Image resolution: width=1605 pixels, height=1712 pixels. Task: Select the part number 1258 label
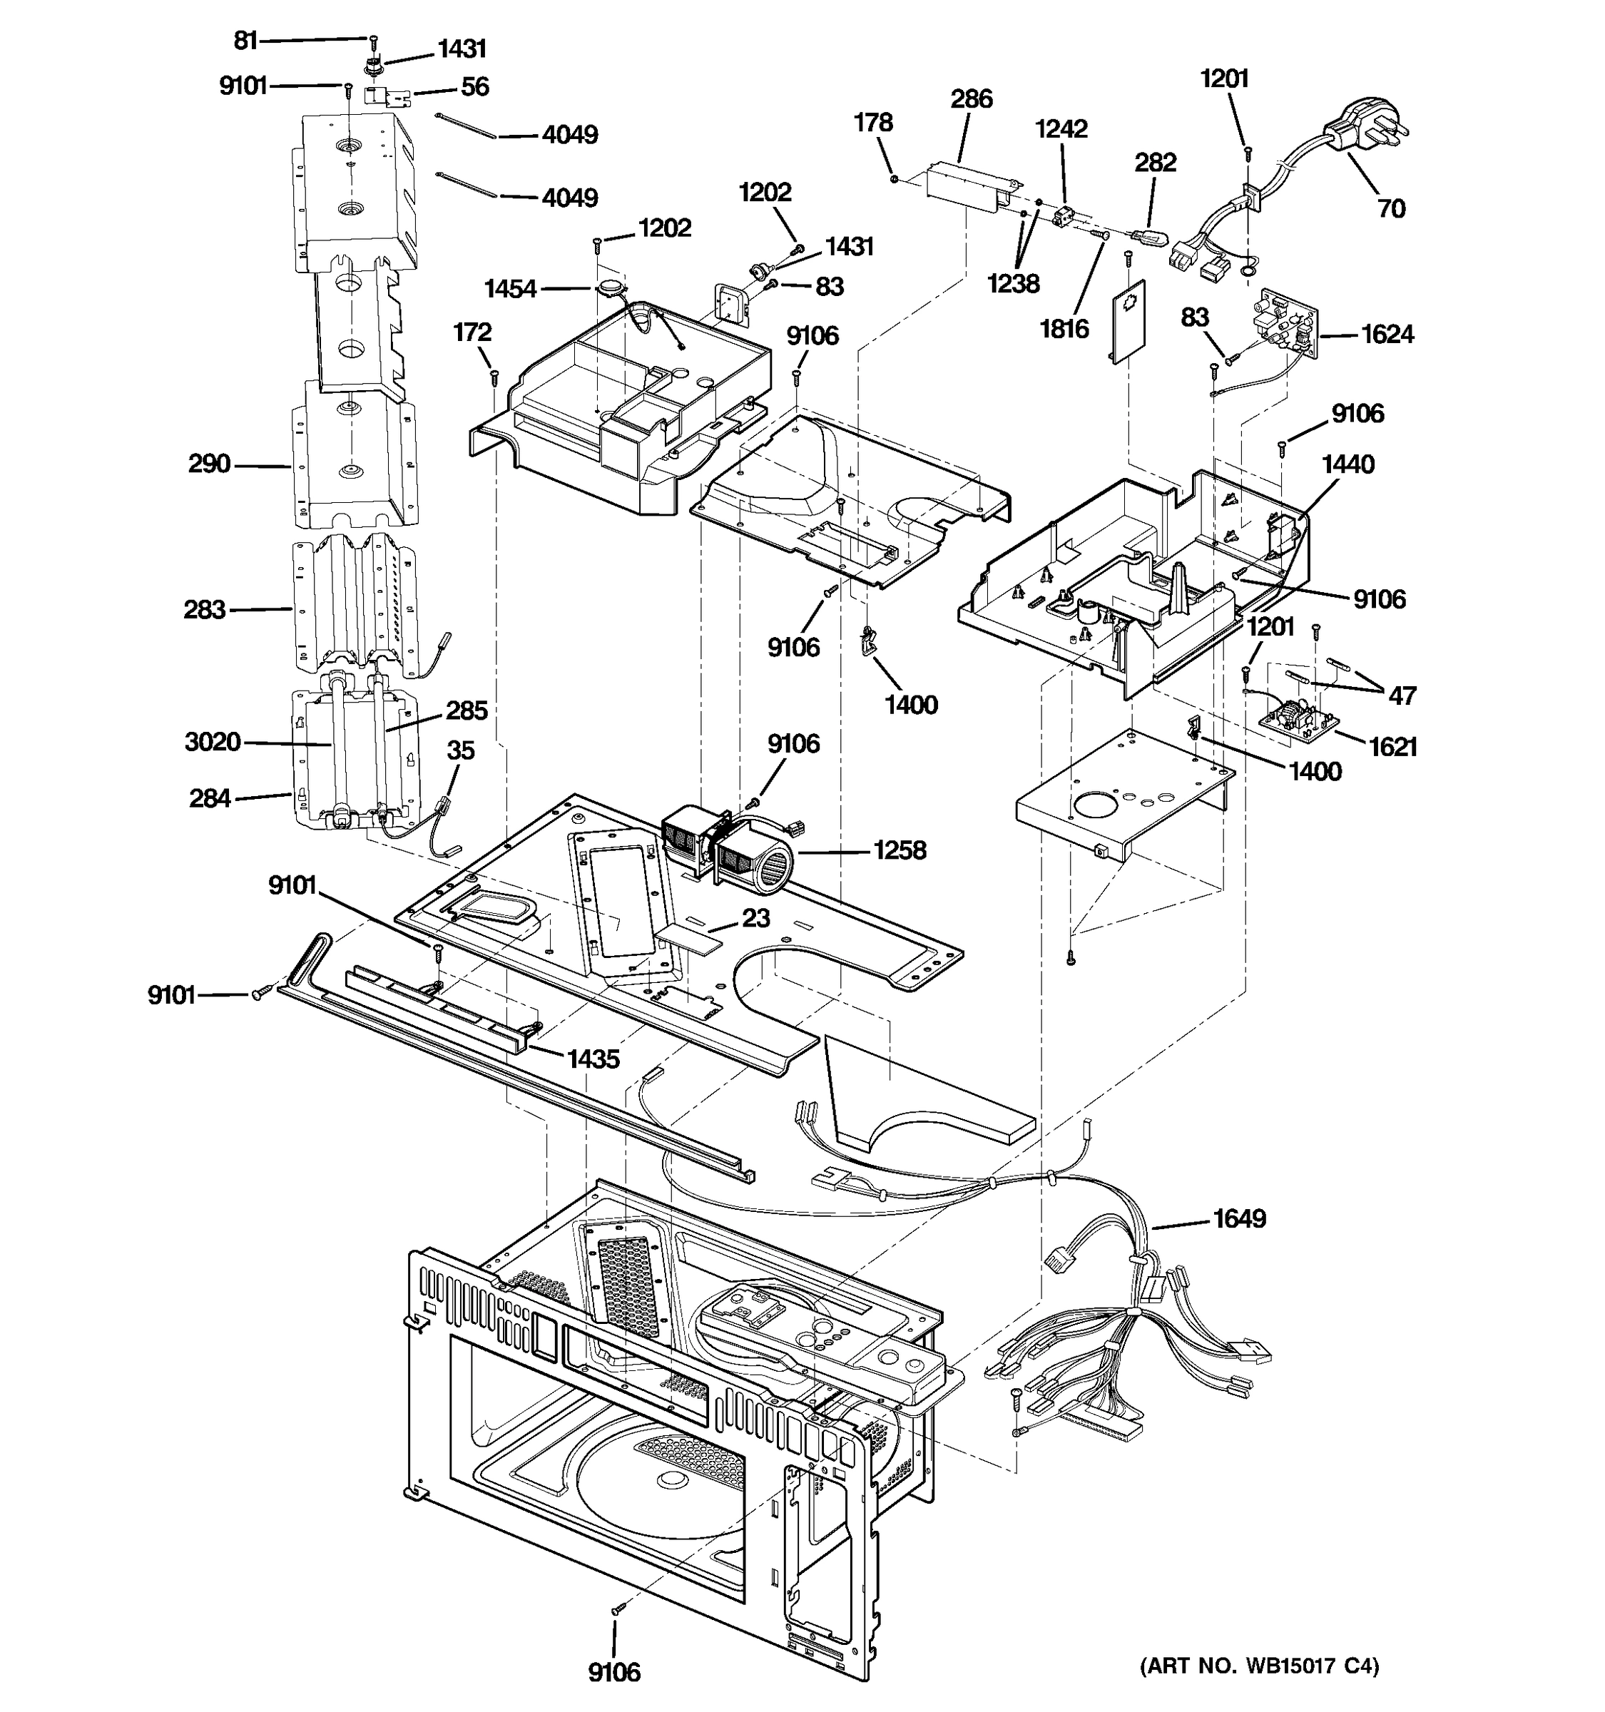(x=900, y=851)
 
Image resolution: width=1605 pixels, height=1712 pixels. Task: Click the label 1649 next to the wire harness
(x=1239, y=1218)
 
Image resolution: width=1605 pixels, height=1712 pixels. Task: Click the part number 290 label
(x=209, y=464)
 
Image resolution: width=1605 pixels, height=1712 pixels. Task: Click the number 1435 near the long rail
(x=593, y=1059)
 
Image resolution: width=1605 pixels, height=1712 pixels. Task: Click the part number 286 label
(x=972, y=99)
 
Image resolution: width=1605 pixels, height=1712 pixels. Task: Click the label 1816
(x=1064, y=328)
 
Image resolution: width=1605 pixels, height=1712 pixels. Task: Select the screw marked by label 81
(x=374, y=40)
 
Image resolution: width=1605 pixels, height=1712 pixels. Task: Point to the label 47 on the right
(x=1402, y=695)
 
